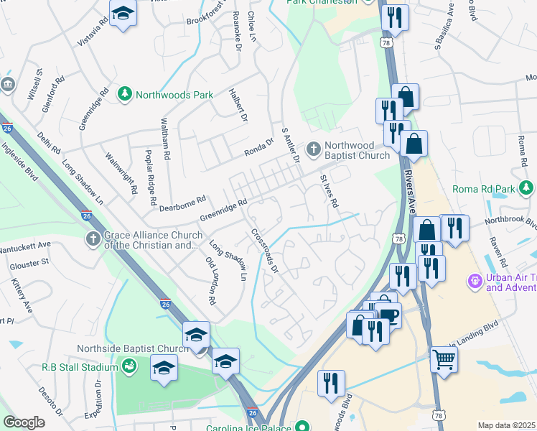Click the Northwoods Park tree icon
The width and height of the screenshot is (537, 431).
pos(125,94)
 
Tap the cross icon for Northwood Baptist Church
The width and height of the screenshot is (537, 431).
pos(313,149)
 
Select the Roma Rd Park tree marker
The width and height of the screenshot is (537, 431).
pos(527,189)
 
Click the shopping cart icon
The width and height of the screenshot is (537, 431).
pos(444,358)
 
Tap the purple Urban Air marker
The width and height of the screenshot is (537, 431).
pos(474,279)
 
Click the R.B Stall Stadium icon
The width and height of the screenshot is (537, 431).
pos(129,367)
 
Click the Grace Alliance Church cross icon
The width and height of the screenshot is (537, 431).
pos(93,238)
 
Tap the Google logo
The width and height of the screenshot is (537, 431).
pos(24,422)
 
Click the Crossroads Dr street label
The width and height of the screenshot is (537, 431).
pos(263,251)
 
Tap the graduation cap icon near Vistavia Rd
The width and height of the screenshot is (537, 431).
pos(123,13)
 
